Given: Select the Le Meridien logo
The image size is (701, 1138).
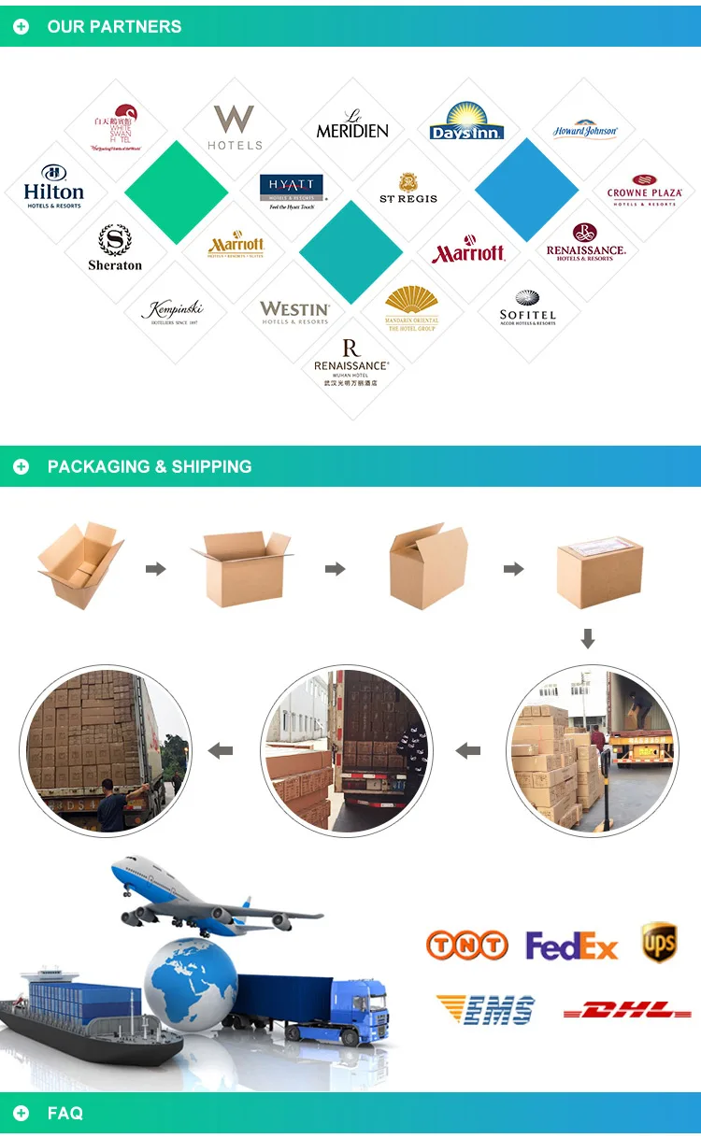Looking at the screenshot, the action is click(x=352, y=125).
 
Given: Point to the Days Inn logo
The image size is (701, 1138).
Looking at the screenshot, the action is click(x=467, y=121).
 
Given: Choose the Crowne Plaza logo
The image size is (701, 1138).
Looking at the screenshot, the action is click(x=644, y=190).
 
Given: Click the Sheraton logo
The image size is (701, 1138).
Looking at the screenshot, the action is click(x=115, y=248).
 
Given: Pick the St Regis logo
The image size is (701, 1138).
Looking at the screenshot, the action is click(x=408, y=188).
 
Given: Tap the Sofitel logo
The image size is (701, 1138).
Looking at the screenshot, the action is click(x=528, y=308).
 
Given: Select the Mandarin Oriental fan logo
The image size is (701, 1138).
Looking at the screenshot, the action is click(x=411, y=308).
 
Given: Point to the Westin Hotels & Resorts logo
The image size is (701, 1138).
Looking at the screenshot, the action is click(x=294, y=311).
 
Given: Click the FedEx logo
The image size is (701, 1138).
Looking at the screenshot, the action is click(x=572, y=946).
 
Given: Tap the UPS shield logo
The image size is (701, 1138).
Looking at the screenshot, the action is click(x=659, y=942).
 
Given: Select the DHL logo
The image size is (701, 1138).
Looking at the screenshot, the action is click(x=627, y=1010).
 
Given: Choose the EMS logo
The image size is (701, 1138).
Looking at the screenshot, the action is click(x=486, y=1010).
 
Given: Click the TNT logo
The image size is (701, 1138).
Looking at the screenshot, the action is click(x=466, y=946).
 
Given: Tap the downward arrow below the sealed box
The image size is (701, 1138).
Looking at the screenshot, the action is click(x=588, y=639).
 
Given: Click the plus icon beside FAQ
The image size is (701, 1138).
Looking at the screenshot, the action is click(x=21, y=1113).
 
